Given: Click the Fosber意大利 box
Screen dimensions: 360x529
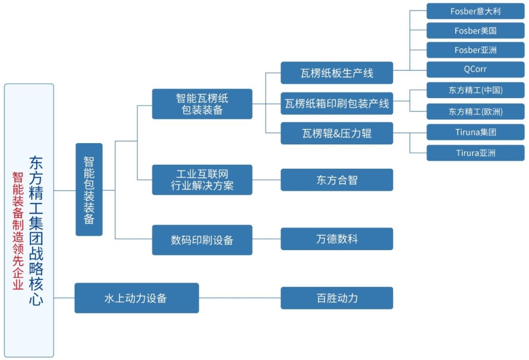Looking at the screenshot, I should pos(475,11).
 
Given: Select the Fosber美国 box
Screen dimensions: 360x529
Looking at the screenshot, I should pos(475,31).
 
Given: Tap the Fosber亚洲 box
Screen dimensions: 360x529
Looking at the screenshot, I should pos(475,50).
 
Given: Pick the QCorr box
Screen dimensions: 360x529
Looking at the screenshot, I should pos(475,69).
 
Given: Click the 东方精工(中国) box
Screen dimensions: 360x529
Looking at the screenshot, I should pos(475,90).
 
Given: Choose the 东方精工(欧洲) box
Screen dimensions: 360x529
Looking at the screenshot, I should pos(475,111).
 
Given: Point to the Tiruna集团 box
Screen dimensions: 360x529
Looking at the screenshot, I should pos(475,132).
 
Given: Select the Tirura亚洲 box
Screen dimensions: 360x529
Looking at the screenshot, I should pos(475,153).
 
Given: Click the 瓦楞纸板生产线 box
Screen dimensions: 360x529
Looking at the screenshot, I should pos(336,73).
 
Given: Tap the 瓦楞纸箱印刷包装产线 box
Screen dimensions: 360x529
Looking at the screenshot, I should pos(336,103).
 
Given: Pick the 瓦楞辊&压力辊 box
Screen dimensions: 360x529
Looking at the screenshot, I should pos(336,133).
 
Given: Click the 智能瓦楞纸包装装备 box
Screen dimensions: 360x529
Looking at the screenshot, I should pos(202,104).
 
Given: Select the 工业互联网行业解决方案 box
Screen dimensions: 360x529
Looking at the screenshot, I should pos(202,180).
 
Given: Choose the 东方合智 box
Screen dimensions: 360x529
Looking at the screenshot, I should pos(336,180).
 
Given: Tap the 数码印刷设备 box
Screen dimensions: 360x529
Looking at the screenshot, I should pos(202,240).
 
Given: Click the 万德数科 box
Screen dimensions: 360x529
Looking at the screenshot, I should pos(336,239).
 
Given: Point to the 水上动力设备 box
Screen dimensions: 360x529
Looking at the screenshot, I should pos(137,298).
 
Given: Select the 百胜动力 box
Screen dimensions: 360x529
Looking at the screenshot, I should pos(336,298).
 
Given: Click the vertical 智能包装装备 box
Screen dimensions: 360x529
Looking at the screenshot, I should pos(89,189).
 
